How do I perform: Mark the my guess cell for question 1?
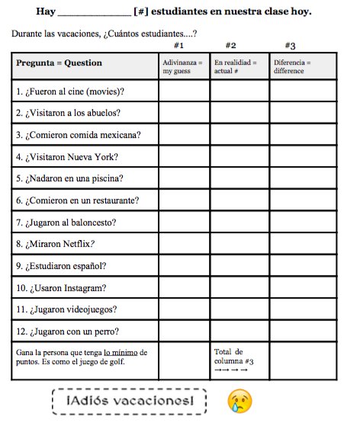184,91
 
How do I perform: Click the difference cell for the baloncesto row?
302,222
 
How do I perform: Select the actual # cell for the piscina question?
239,179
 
